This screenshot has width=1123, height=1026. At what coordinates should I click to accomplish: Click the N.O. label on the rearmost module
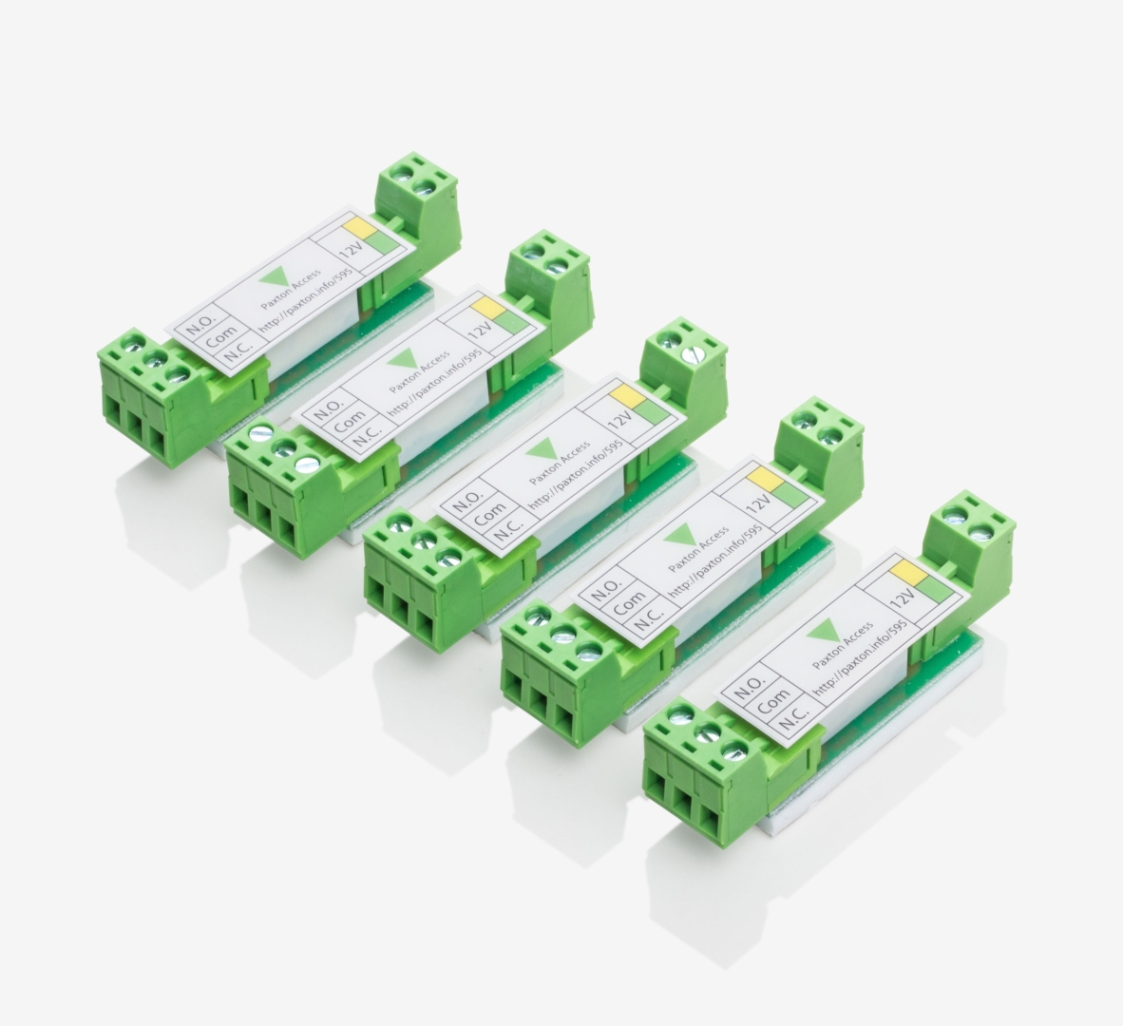click(197, 330)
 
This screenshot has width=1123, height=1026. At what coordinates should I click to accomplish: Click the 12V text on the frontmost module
click(904, 596)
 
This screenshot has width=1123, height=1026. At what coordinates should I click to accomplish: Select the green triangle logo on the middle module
click(540, 452)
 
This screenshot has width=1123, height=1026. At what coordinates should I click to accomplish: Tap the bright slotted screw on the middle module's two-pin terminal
click(694, 353)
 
